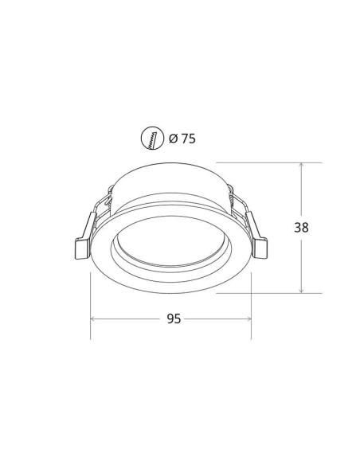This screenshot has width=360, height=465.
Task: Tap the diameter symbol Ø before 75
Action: pyautogui.click(x=173, y=139)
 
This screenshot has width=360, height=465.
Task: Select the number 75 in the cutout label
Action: pyautogui.click(x=188, y=139)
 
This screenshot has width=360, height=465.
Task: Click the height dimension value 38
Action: pyautogui.click(x=301, y=227)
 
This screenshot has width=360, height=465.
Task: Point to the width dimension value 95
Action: pyautogui.click(x=174, y=318)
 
